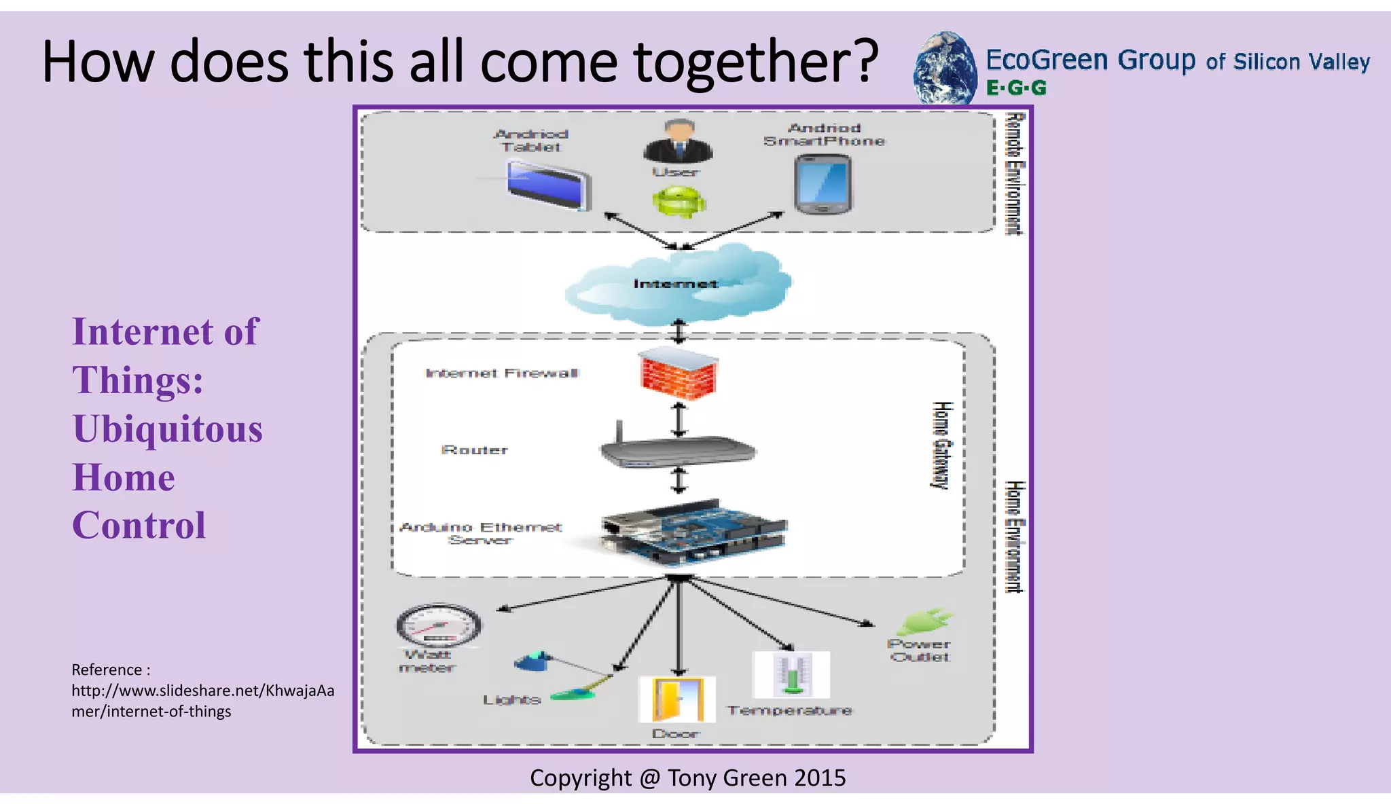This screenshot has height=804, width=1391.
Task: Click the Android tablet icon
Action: click(549, 185)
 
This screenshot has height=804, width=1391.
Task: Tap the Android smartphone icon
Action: click(823, 184)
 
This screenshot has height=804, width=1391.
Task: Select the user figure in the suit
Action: click(678, 141)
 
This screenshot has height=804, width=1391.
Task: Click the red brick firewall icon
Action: click(679, 373)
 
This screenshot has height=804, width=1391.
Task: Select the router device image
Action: click(678, 450)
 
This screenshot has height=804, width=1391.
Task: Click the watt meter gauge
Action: click(438, 624)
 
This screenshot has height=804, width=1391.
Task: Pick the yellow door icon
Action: click(677, 699)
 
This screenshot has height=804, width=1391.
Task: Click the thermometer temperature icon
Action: click(791, 674)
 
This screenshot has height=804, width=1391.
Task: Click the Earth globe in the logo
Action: click(944, 69)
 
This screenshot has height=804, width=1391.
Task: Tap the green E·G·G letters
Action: click(1016, 88)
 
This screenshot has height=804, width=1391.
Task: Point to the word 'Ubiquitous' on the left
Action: click(167, 429)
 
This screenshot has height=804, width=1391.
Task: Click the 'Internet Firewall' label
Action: click(502, 373)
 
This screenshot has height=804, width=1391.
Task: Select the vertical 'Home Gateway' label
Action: click(941, 445)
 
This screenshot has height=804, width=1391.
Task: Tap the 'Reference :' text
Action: click(111, 670)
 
